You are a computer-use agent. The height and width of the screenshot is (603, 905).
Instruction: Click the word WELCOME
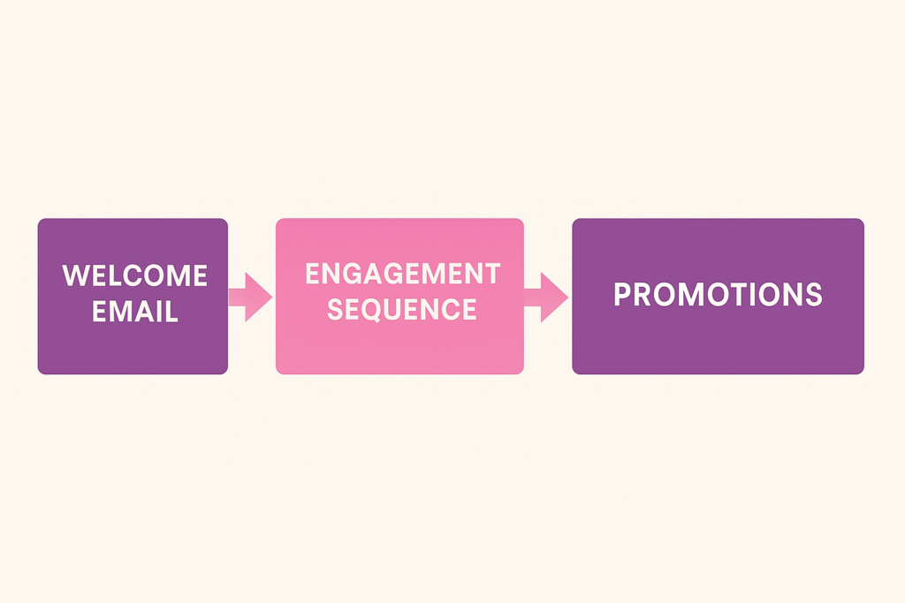click(x=134, y=275)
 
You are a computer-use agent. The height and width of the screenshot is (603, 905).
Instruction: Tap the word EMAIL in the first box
click(x=135, y=312)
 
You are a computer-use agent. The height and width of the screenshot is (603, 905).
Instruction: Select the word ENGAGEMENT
click(x=402, y=274)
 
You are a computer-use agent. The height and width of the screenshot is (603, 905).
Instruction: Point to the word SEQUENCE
click(x=402, y=310)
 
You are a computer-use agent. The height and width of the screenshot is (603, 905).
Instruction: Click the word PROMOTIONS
click(x=718, y=295)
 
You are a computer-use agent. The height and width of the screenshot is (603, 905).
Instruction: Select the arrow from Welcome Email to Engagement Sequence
click(x=250, y=297)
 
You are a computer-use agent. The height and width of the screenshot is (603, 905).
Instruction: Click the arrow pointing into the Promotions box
click(x=546, y=297)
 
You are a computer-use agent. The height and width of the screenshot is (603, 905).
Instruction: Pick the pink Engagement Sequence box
click(x=399, y=297)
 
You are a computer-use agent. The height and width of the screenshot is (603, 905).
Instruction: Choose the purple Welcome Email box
click(x=133, y=297)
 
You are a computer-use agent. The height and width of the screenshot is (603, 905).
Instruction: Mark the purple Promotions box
click(x=718, y=297)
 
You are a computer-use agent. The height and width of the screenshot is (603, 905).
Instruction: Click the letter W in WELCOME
click(x=74, y=275)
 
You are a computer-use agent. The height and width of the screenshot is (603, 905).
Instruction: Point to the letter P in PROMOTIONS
click(x=622, y=295)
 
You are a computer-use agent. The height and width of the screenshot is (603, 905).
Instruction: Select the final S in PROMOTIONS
click(x=814, y=295)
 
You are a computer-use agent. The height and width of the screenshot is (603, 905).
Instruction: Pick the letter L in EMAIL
click(x=171, y=312)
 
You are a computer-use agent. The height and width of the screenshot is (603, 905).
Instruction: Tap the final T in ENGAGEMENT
click(x=491, y=274)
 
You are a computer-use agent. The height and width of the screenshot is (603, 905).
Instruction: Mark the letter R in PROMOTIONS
click(x=643, y=295)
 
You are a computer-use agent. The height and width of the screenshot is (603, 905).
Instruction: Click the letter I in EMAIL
click(x=159, y=312)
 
